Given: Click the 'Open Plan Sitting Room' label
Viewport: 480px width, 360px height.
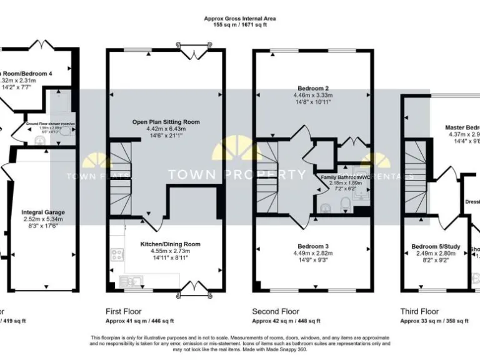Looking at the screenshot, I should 166,122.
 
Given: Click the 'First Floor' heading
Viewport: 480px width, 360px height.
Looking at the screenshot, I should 124,311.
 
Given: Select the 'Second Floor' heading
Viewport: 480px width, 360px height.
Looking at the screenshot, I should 276,311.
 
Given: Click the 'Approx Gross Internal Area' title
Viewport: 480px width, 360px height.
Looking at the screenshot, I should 240,19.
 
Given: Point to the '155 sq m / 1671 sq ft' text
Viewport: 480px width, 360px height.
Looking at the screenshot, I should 240,26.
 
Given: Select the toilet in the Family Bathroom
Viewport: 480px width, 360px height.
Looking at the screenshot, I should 343,204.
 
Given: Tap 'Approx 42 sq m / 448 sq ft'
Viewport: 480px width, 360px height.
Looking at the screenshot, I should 286,321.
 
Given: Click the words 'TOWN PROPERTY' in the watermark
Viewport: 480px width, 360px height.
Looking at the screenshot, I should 240,175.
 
